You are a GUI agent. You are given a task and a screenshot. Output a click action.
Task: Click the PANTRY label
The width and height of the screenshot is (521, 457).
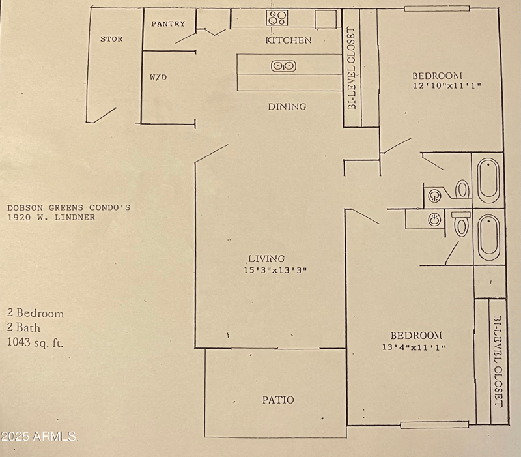point(168,24)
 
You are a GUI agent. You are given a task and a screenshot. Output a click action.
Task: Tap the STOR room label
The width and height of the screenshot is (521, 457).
point(111,39)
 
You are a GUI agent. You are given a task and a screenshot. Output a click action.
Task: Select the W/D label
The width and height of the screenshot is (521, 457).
point(158,77)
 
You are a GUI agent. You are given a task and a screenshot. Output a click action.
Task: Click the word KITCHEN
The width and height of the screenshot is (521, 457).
point(288,40)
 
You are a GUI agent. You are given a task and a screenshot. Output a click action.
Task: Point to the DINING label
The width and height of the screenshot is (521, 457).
point(287,106)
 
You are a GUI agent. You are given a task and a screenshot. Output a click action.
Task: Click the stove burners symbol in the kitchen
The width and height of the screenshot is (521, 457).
point(277,18)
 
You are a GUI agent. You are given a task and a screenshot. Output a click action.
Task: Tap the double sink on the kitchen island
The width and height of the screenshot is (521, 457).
point(283,65)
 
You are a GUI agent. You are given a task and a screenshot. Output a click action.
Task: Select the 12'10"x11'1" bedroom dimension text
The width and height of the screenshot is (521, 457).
point(447,85)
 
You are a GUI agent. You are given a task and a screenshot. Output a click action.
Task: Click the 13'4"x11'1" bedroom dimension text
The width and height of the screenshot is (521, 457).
point(414,347)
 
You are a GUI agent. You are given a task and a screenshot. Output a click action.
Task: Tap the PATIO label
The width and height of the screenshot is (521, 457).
point(278,400)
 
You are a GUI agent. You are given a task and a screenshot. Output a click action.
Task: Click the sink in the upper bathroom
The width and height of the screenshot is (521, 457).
point(435,194)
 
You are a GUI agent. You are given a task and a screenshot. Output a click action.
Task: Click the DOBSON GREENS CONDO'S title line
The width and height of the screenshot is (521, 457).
point(69,208)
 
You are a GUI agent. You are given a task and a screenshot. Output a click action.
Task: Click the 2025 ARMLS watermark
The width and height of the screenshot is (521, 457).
point(39,435)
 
